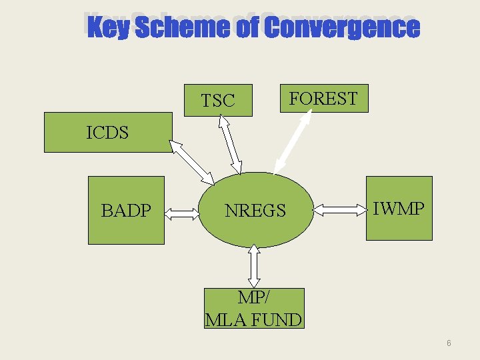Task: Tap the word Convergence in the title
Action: [341, 28]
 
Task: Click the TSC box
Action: [218, 101]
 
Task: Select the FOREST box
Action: [323, 99]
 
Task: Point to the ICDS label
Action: [107, 132]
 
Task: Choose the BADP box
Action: [126, 211]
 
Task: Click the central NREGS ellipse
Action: [256, 211]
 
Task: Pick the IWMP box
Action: [399, 208]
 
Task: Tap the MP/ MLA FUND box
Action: [253, 309]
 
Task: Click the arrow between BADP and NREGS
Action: [181, 213]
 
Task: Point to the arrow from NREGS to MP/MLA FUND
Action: [254, 265]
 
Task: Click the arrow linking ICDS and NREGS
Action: [192, 163]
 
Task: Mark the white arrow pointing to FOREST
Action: [293, 143]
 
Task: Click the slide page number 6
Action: [449, 343]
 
